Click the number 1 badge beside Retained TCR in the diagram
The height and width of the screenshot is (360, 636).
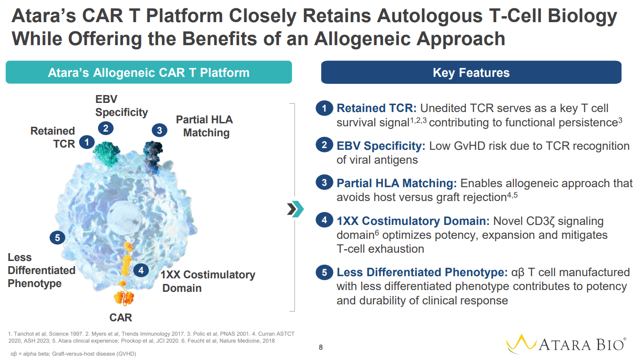pos(87,142)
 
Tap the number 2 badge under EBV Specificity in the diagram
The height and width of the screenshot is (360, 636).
pos(105,128)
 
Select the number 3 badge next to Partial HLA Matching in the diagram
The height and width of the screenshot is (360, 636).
pos(159,130)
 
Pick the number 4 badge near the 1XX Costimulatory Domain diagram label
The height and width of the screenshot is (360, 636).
pos(141,270)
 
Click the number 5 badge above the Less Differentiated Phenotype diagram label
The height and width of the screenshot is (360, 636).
pos(57,238)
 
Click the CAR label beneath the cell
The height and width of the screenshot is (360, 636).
pos(121,317)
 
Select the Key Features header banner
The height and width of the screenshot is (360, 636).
pos(471,73)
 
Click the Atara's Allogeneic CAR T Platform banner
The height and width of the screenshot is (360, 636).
pos(148,73)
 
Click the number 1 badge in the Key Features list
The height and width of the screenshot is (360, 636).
pos(324,108)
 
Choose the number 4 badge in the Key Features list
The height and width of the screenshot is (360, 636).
pos(324,220)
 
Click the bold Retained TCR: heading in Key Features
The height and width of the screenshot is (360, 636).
pos(376,108)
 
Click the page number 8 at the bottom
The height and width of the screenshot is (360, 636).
pos(321,347)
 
